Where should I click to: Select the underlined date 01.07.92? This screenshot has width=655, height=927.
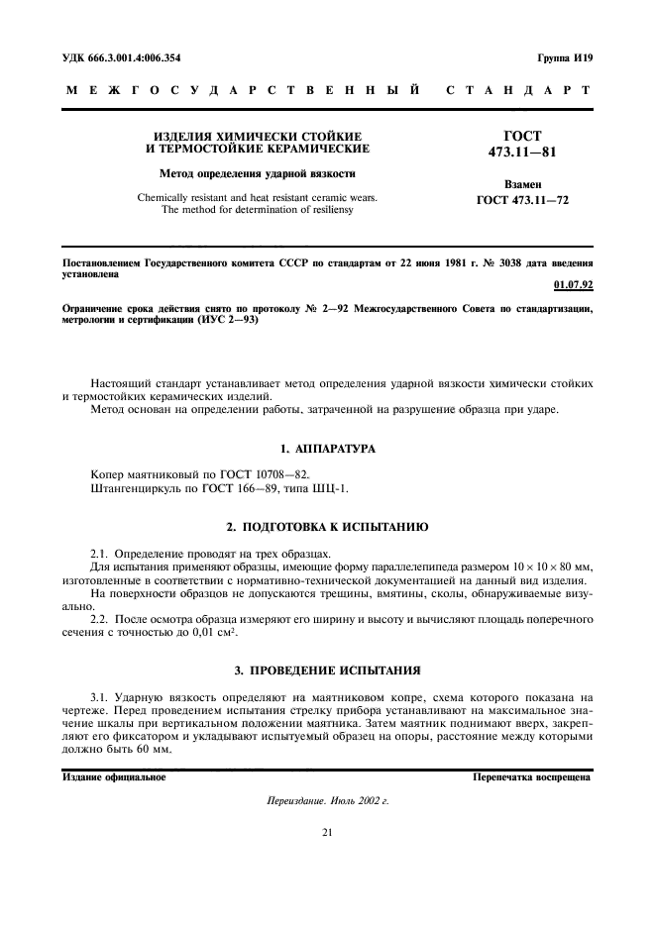(x=572, y=288)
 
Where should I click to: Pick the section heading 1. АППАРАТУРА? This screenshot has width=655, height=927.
(x=326, y=449)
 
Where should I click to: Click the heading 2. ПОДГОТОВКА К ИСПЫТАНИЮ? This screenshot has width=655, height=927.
(x=326, y=525)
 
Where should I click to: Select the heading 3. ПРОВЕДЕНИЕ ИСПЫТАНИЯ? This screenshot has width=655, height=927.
(x=326, y=669)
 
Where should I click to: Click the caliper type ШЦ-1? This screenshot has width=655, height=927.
(x=331, y=487)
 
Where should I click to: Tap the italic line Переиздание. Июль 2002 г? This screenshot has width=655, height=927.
(x=326, y=800)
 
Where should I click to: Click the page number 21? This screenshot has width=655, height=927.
(x=326, y=833)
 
